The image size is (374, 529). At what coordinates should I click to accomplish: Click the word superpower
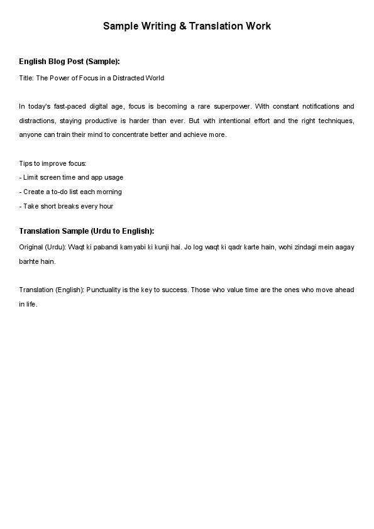231,107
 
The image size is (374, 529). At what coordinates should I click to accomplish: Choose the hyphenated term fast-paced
70,107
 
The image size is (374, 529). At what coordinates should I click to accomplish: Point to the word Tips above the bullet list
26,163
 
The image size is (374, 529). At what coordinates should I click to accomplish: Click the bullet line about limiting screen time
71,178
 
